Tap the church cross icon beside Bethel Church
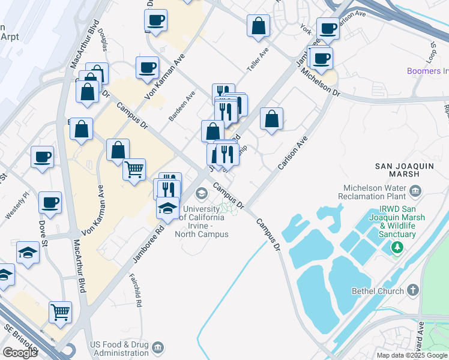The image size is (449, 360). pyautogui.click(x=412, y=290)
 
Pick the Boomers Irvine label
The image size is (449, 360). pyautogui.click(x=427, y=71)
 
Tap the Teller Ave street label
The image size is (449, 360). pyautogui.click(x=258, y=61)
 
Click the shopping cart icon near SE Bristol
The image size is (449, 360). pyautogui.click(x=61, y=311)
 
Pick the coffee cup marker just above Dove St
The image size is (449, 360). pyautogui.click(x=50, y=202)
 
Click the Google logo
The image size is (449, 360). pyautogui.click(x=20, y=353)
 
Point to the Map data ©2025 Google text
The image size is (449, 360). pyautogui.click(x=411, y=355)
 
